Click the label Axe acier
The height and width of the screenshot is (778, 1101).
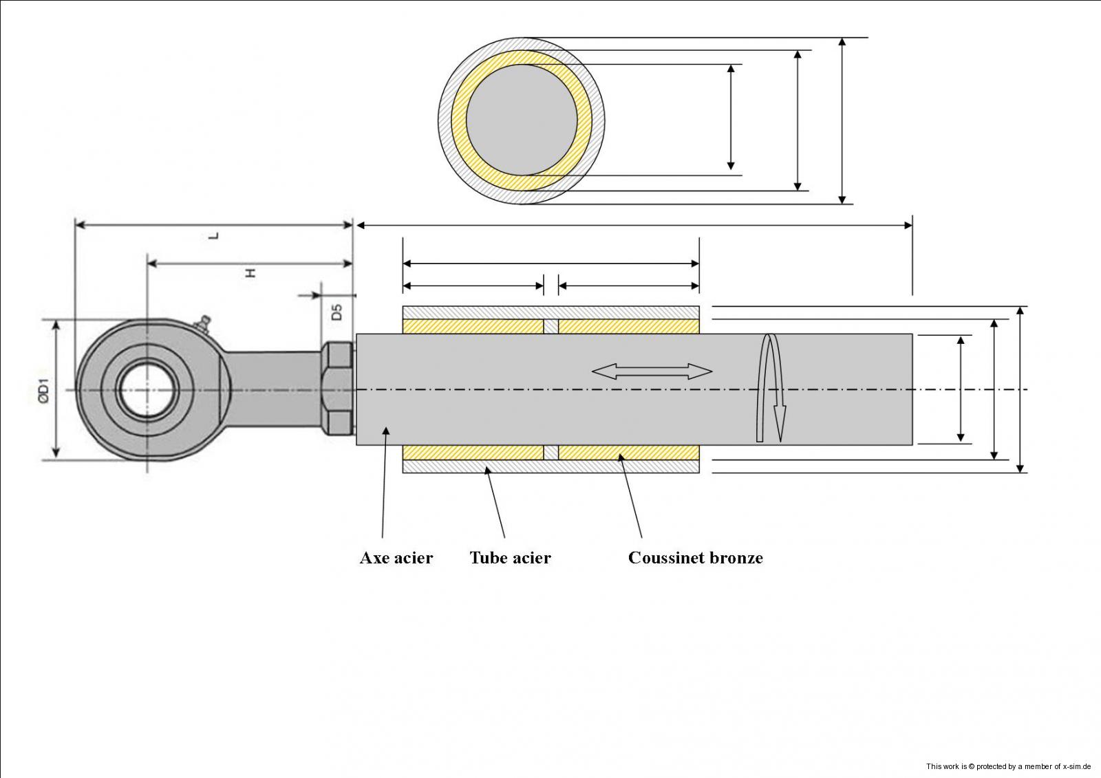396,558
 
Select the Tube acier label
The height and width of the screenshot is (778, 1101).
510,558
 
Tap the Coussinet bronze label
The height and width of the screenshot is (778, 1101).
695,558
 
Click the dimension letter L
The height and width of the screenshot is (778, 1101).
214,235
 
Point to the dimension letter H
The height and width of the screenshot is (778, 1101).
251,272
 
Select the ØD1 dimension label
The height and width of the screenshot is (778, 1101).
43,389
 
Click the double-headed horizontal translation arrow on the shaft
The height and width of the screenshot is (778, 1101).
652,372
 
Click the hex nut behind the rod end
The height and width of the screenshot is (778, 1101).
338,389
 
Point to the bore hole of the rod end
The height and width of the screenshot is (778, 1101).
147,390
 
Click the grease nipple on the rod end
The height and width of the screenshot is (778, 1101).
202,322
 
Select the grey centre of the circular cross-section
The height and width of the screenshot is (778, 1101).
522,120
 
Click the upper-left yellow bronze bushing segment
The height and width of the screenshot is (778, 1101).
473,326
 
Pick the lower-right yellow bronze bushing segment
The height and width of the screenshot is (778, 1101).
628,453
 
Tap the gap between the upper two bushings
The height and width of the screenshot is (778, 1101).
550,326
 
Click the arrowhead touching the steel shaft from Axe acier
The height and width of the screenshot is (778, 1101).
386,431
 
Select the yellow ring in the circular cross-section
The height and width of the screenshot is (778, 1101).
460,120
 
